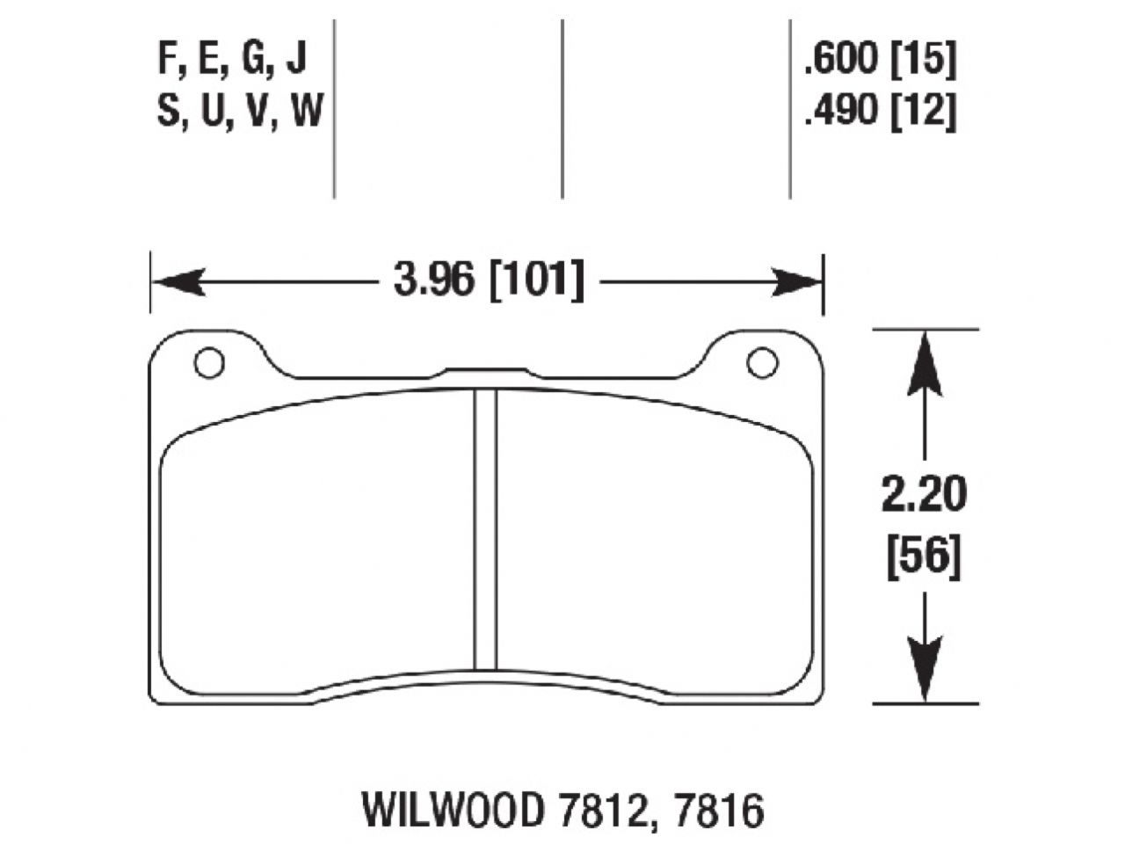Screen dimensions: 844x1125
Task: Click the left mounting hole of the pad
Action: (x=209, y=363)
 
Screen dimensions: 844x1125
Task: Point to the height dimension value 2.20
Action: (x=924, y=495)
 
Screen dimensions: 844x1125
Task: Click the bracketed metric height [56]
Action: (x=924, y=557)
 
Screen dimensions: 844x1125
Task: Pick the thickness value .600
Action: (x=840, y=60)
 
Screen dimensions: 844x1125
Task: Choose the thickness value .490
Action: (x=840, y=113)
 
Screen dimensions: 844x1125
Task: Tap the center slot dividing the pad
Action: (x=486, y=527)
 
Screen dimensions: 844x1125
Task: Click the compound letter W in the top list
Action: (x=305, y=113)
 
